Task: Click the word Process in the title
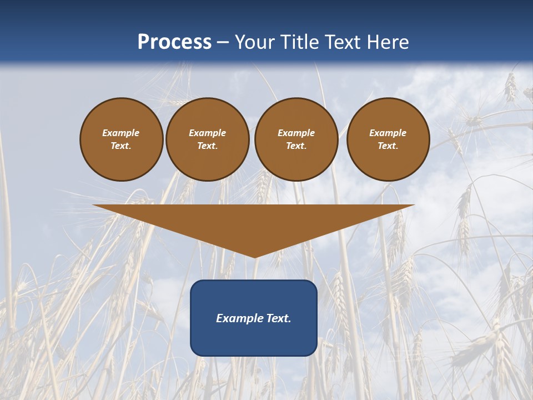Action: click(x=174, y=42)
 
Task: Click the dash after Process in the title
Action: click(x=223, y=43)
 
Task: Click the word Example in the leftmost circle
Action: click(x=121, y=133)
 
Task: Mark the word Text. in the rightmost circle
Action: click(x=388, y=146)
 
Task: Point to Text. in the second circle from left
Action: click(x=207, y=146)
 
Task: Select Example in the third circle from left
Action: click(x=296, y=133)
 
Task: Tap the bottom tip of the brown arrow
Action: click(x=254, y=256)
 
